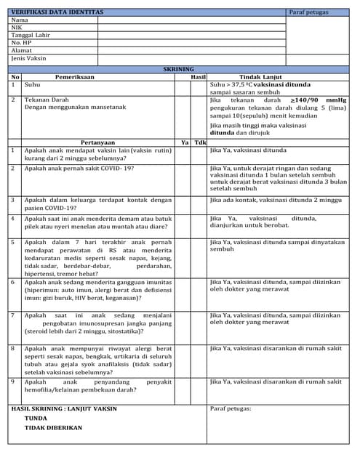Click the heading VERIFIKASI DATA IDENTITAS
(57, 12)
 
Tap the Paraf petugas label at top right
(308, 12)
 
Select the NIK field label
(17, 28)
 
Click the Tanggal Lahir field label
(31, 36)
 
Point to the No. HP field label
(21, 43)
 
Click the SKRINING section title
(179, 68)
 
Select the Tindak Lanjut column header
(260, 76)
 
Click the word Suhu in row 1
(32, 85)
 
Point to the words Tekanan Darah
(47, 100)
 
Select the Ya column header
(184, 142)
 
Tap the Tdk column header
(199, 142)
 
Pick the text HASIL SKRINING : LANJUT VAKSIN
(64, 408)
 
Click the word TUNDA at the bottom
(36, 418)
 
